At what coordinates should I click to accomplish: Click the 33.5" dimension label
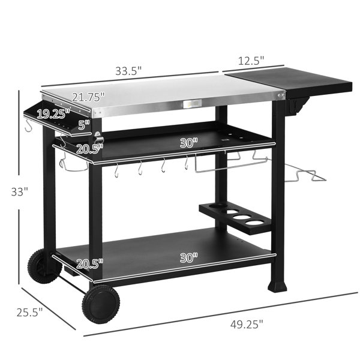click(x=128, y=71)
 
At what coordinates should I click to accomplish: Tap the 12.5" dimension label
click(x=251, y=61)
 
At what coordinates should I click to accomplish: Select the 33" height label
click(x=20, y=192)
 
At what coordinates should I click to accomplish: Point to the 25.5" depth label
click(x=29, y=312)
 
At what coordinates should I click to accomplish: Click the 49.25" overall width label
click(x=247, y=325)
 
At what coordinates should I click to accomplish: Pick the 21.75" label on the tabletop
click(x=89, y=97)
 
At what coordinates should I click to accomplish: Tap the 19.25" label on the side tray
click(x=53, y=114)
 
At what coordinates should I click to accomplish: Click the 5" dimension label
click(x=84, y=125)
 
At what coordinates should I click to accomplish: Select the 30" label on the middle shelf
click(x=189, y=143)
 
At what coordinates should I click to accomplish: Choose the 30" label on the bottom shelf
click(x=189, y=258)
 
